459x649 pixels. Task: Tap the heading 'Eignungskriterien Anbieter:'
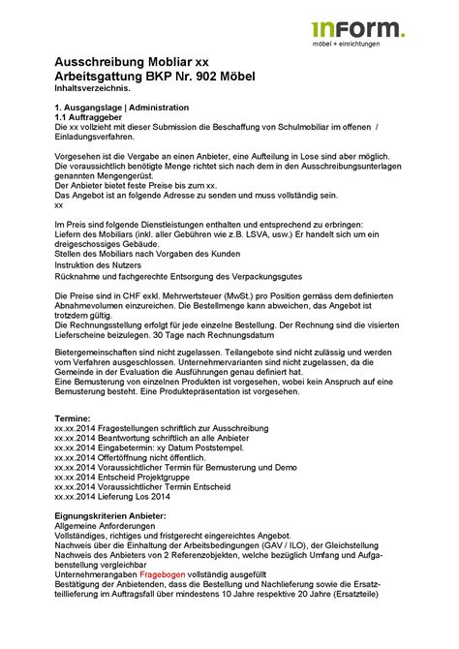(x=110, y=516)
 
